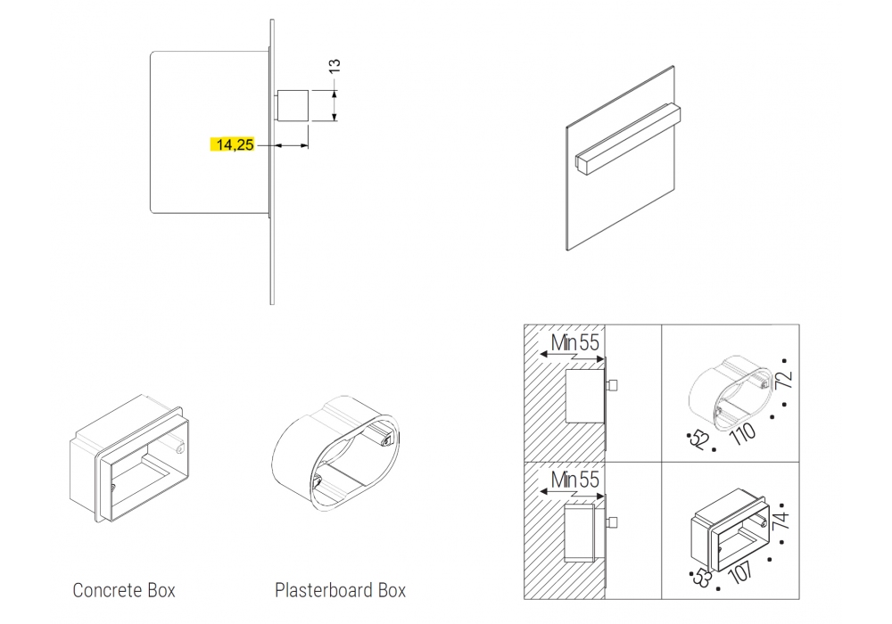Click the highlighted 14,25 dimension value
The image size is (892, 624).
pos(235,145)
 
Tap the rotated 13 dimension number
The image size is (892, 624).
pos(334,65)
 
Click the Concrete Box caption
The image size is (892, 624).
pos(124,590)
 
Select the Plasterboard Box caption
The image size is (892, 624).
pos(340,590)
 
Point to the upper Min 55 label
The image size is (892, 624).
pos(575,342)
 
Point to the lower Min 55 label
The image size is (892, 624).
pos(575,480)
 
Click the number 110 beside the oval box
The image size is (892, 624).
pos(743,434)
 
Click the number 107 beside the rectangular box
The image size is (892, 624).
pos(741,572)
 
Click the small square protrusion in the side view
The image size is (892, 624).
pos(293,106)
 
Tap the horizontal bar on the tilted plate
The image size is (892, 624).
pos(627,138)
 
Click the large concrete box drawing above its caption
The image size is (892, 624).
pos(129,458)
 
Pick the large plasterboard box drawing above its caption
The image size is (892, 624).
pos(335,454)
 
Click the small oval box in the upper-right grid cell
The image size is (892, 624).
pos(731,393)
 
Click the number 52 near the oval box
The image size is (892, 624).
pos(698,439)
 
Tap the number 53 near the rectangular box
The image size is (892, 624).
pos(701,578)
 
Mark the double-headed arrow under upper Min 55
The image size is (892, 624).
pos(573,357)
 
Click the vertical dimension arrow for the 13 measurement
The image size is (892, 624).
pos(334,106)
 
